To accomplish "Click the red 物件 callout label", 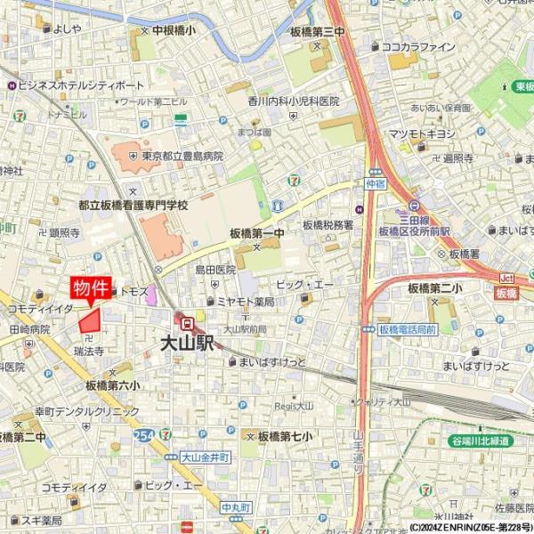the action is coord(91,287).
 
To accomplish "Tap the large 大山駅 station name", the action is coord(187,343).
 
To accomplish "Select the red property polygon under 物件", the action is coord(90,321).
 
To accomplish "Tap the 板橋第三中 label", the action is coord(317,31).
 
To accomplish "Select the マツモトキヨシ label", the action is coord(422,133).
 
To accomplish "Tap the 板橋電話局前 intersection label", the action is coord(407,328).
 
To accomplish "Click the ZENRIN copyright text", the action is coord(470,528).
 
